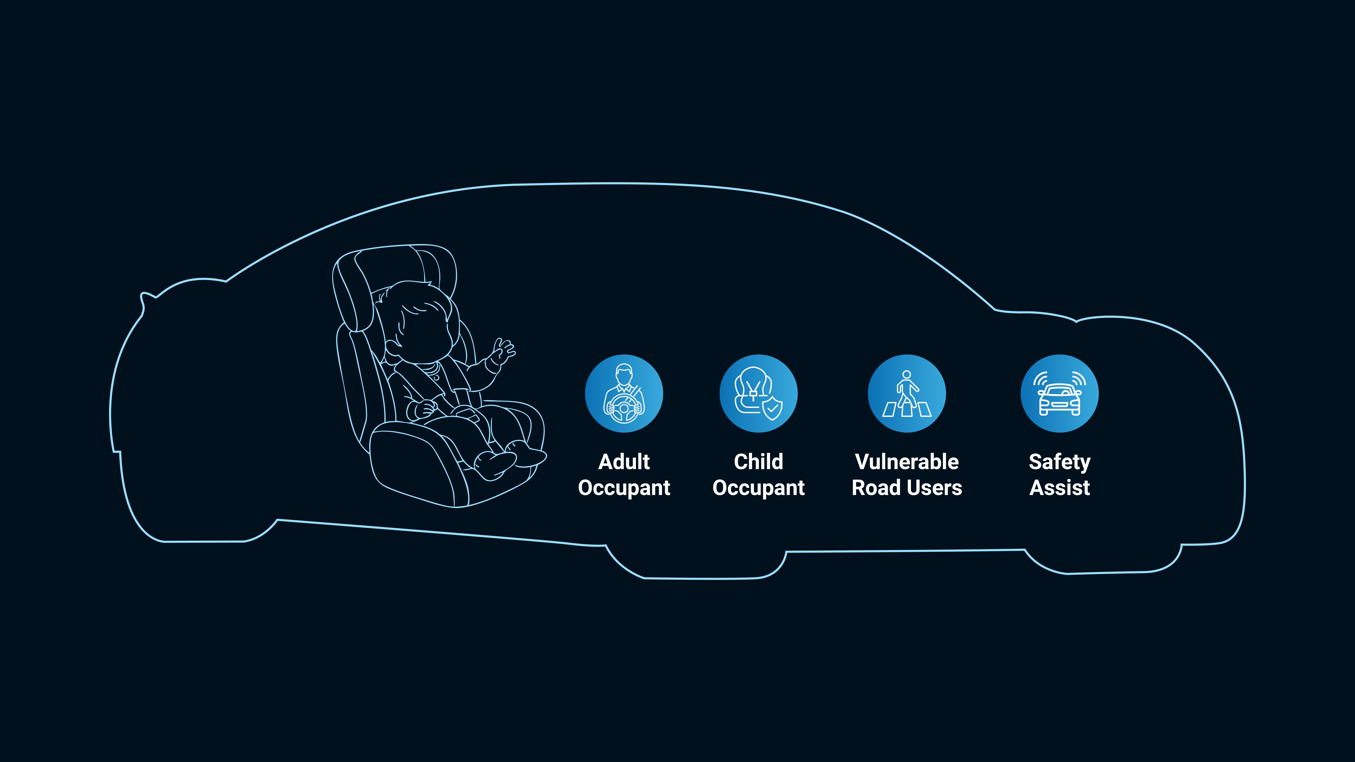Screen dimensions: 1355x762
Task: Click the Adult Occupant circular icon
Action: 624,393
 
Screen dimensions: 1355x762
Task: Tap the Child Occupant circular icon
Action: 759,393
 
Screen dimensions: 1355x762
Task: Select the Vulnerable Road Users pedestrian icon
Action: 907,393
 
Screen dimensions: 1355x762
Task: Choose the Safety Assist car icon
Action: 1059,393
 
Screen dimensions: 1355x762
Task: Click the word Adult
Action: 624,462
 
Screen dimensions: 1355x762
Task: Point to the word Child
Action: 759,462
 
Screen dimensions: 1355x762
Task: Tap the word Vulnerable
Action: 907,462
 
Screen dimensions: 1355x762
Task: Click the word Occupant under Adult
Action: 624,488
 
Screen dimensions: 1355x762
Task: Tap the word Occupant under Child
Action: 759,488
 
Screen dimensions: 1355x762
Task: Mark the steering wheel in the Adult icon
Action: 624,409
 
